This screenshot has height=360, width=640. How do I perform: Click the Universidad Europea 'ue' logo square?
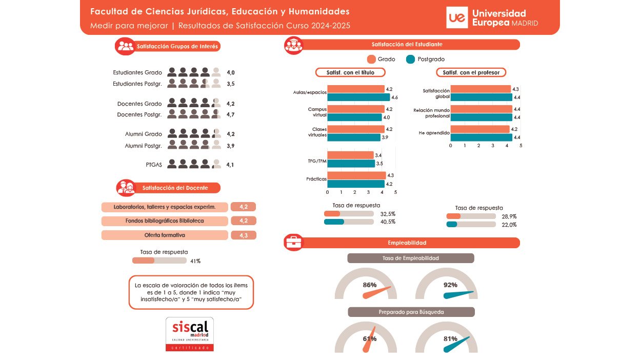(x=457, y=17)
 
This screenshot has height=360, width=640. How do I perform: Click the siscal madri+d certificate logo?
(x=190, y=334)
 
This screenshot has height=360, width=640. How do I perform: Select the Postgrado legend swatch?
(x=410, y=59)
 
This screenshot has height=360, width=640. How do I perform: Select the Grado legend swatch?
(x=372, y=59)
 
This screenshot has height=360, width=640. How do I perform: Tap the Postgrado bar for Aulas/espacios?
(x=358, y=97)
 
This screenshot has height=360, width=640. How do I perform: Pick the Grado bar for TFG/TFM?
(x=350, y=155)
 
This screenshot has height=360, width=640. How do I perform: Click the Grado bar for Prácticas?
(x=356, y=175)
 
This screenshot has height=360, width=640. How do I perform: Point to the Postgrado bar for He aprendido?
(x=481, y=137)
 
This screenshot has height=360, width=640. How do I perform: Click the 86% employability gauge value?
(x=370, y=285)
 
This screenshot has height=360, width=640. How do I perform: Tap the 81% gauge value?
(x=450, y=338)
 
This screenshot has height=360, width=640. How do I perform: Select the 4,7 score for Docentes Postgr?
(x=230, y=114)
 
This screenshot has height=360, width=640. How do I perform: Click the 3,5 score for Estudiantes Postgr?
(x=230, y=84)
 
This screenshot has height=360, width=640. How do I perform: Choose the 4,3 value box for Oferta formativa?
(x=243, y=235)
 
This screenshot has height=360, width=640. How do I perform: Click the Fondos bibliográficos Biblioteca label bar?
(x=165, y=221)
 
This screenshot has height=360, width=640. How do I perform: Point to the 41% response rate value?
(x=195, y=261)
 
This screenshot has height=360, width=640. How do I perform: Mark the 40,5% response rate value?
(x=388, y=222)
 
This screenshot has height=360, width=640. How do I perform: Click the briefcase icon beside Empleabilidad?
(x=294, y=243)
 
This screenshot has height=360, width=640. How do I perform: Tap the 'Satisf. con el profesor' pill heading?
(x=471, y=72)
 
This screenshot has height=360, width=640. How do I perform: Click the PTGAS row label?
(x=154, y=165)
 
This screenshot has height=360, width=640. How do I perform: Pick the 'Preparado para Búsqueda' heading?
(x=411, y=312)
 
